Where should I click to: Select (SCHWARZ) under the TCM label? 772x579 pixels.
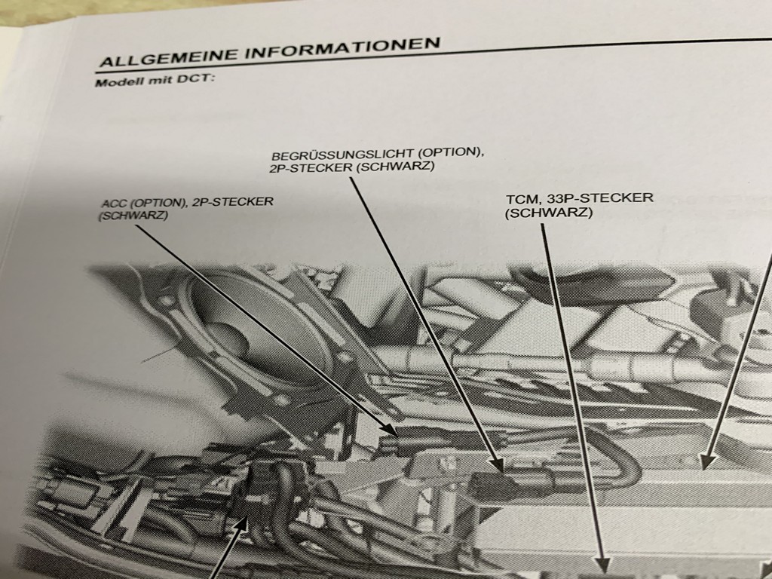tap(549, 213)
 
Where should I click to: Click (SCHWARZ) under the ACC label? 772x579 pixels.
tap(133, 216)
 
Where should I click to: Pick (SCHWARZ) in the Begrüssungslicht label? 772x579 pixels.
tap(395, 167)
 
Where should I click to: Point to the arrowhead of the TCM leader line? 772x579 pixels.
tap(602, 565)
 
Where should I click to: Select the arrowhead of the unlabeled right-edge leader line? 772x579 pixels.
tap(708, 461)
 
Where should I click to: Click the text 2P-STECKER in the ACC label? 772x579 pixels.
tap(232, 202)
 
